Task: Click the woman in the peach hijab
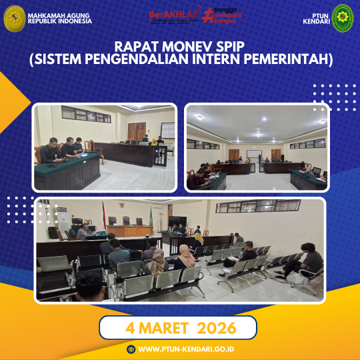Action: (x=186, y=255)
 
